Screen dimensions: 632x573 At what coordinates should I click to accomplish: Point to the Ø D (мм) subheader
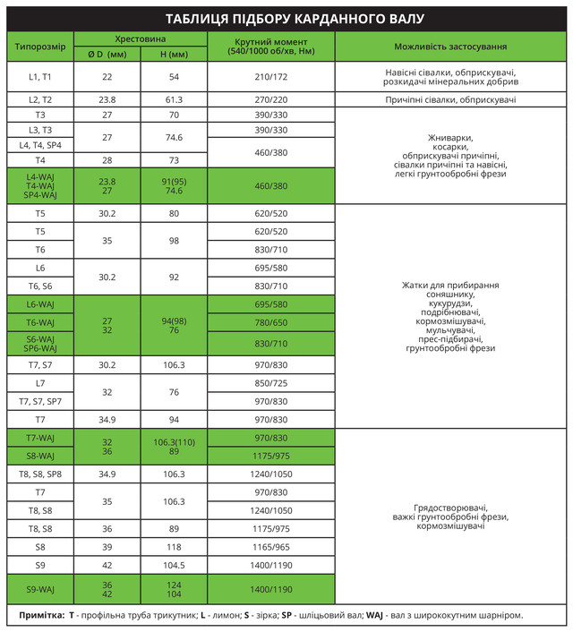point(107,55)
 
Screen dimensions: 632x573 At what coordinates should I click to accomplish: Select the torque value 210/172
point(270,77)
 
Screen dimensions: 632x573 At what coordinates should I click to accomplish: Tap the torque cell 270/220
point(270,99)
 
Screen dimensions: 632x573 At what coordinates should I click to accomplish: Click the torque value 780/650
point(270,322)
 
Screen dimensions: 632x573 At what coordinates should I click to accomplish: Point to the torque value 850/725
point(270,383)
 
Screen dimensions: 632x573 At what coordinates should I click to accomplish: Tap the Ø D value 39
point(107,546)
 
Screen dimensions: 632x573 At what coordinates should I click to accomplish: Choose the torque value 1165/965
point(270,546)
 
